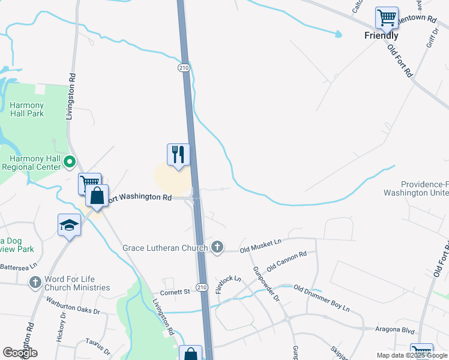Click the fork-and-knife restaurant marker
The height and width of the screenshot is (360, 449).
pyautogui.click(x=178, y=155)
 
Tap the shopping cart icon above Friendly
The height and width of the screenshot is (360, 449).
pyautogui.click(x=387, y=17)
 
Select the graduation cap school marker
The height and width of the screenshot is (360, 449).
pyautogui.click(x=70, y=225)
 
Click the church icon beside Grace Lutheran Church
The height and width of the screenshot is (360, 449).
pyautogui.click(x=217, y=247)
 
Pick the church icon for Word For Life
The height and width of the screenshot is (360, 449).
pyautogui.click(x=35, y=281)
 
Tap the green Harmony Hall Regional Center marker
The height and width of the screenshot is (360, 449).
pyautogui.click(x=69, y=161)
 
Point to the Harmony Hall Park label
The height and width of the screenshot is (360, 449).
pyautogui.click(x=27, y=109)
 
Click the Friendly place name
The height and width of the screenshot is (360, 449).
pyautogui.click(x=381, y=35)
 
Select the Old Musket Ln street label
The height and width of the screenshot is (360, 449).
pyautogui.click(x=261, y=244)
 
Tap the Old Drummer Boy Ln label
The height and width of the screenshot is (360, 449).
pyautogui.click(x=321, y=298)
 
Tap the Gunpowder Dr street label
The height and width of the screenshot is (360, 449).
pyautogui.click(x=265, y=284)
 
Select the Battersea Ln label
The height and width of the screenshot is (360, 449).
pyautogui.click(x=19, y=266)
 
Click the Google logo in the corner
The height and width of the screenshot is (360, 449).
pyautogui.click(x=20, y=353)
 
